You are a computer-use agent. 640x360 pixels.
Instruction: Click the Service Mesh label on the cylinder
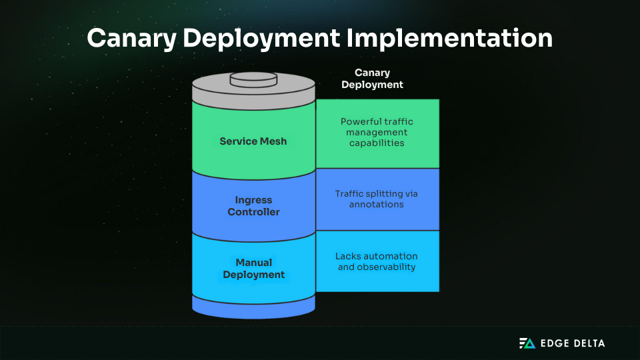(253, 141)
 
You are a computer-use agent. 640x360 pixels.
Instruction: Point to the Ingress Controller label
(253, 206)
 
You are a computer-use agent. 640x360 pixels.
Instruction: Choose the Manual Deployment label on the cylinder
(253, 269)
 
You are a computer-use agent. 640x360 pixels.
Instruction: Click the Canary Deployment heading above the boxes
(372, 79)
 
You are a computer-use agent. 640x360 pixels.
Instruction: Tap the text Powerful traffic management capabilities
(377, 132)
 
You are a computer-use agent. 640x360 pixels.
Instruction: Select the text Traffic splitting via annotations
(377, 199)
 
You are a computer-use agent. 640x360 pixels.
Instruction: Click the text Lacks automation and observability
(377, 261)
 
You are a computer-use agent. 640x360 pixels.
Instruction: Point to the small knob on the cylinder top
(253, 79)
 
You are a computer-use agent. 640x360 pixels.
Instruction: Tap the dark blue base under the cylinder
(253, 308)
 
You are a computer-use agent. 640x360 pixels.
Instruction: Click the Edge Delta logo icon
(527, 343)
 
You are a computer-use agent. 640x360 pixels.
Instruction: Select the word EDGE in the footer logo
(554, 343)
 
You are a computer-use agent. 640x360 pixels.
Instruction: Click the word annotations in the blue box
(377, 205)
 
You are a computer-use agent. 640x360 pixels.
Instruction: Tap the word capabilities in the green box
(377, 143)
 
